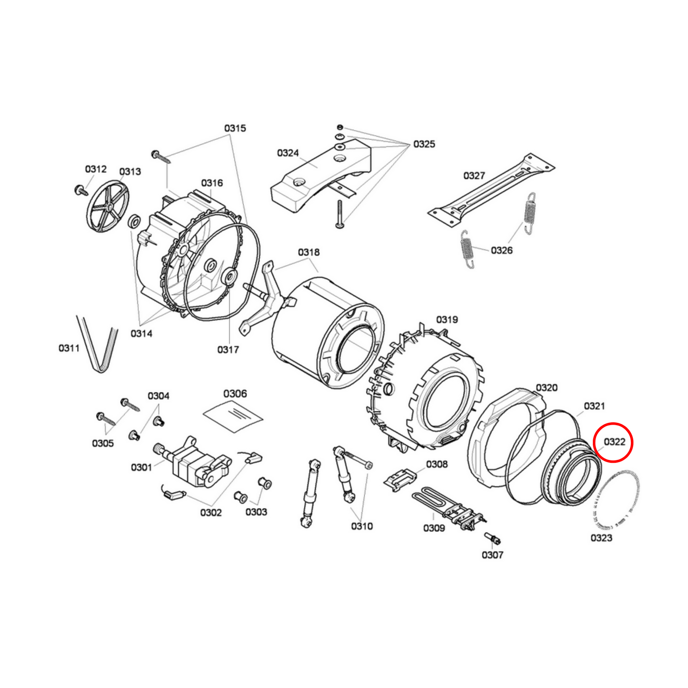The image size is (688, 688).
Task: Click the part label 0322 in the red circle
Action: [x=614, y=442]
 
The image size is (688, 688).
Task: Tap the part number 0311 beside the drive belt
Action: [x=69, y=348]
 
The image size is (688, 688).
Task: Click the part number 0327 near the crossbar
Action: [x=474, y=176]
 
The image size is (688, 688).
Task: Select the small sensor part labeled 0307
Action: [x=493, y=538]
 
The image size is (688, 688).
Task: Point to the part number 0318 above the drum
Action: [x=309, y=252]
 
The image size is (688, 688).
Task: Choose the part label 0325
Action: [x=424, y=144]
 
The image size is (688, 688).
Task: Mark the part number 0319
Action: [x=447, y=319]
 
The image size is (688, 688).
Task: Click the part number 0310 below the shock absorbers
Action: [x=362, y=526]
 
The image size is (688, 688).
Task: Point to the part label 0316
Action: [x=212, y=183]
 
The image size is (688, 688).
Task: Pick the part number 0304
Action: [x=159, y=396]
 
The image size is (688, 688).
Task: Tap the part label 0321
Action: [x=594, y=406]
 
